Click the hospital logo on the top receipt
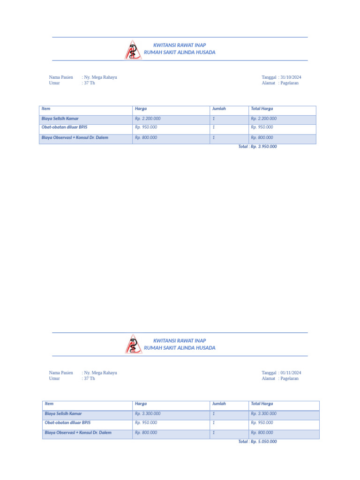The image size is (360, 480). point(133,50)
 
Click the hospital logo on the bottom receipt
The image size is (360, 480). point(133,344)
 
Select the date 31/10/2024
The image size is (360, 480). point(291,77)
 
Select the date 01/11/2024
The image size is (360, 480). point(291,373)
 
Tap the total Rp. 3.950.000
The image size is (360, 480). point(257,147)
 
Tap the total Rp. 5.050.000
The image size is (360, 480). point(257,442)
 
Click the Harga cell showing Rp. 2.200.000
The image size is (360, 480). point(148,119)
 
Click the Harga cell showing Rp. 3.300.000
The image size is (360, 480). point(148,413)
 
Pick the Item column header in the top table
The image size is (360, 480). point(46,109)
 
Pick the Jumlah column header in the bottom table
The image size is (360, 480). point(219,404)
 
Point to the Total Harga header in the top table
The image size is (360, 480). point(262,109)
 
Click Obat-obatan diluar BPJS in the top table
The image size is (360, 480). point(64,127)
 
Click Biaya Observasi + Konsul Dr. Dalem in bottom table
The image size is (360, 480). point(78,433)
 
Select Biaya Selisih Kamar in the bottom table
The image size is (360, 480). point(63,413)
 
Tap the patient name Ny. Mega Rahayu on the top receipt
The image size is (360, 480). point(100,77)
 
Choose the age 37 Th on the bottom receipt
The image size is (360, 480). point(89,378)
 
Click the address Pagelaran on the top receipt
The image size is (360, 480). point(289,83)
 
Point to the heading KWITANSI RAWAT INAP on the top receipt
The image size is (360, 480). point(180,45)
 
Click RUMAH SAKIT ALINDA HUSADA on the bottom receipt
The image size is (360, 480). point(180,348)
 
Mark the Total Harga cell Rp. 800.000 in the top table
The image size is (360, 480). point(262,138)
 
